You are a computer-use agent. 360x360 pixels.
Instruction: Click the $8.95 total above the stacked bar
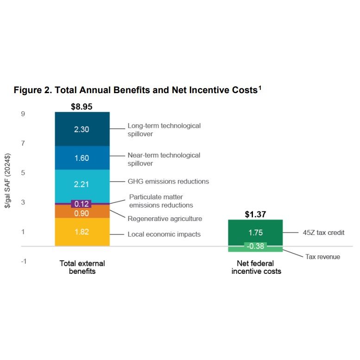point(82,107)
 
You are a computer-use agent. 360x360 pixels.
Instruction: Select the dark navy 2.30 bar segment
point(82,129)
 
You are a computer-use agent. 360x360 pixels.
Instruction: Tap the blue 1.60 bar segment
point(82,158)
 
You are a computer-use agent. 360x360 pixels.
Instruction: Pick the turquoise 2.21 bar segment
point(82,184)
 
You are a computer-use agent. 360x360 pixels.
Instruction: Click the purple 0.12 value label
point(82,204)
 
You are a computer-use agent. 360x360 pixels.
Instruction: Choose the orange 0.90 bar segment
point(82,213)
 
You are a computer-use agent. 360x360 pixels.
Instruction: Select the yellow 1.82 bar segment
point(82,232)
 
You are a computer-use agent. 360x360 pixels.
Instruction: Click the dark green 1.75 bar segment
point(256,233)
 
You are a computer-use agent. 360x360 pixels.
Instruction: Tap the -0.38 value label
point(256,246)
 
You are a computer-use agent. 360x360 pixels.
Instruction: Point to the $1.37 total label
point(256,214)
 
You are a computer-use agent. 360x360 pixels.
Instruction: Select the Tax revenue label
point(322,257)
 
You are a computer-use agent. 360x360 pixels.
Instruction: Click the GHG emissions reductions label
point(168,182)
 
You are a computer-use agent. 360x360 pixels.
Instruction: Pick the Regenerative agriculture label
point(165,219)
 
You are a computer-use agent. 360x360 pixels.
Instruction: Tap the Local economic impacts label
point(164,234)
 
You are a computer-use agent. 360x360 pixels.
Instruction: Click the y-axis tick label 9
point(23,114)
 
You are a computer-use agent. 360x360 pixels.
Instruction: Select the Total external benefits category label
point(82,267)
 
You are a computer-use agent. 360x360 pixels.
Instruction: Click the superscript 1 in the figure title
point(260,87)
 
